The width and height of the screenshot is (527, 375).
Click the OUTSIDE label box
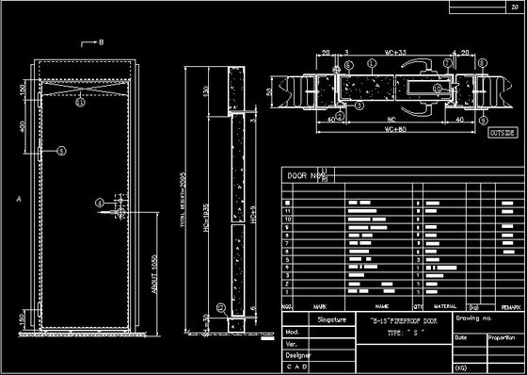coord(503,134)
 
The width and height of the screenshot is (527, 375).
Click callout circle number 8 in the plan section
coord(482,64)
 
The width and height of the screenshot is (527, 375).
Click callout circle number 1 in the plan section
coord(373,65)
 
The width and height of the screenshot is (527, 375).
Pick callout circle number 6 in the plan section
coord(348,65)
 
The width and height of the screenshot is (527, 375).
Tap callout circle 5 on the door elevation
coord(61,150)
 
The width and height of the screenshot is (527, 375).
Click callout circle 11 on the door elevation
coord(80,104)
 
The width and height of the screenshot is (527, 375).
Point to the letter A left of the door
coord(19,199)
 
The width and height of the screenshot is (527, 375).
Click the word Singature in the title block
coord(332,320)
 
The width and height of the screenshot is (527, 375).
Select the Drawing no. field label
coord(474,320)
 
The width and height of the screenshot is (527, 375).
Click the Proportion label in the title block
coord(501,336)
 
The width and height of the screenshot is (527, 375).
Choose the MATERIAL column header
coord(445,307)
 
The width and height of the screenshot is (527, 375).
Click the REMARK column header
coord(510,307)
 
